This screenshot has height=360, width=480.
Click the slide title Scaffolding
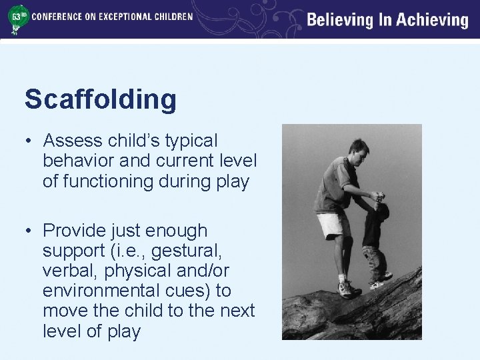click(101, 100)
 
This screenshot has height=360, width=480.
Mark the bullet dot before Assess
click(29, 141)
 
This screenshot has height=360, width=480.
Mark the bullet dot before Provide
click(29, 231)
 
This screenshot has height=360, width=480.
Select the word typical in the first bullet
click(189, 141)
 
